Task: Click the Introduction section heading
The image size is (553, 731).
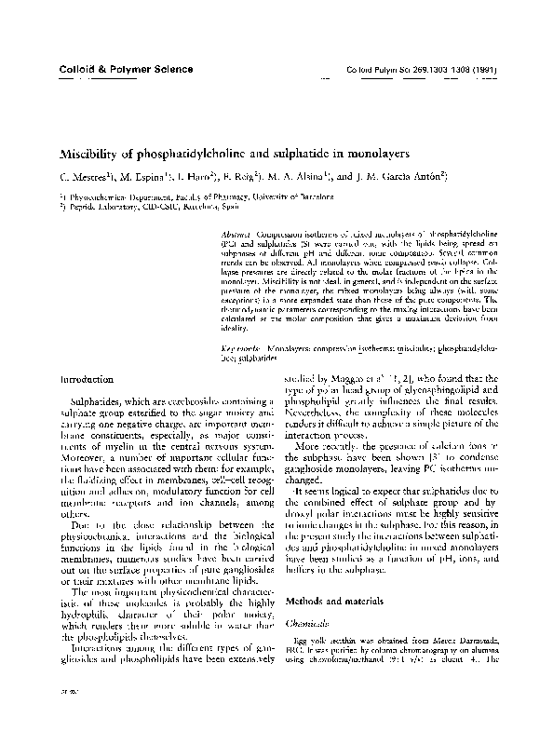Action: coord(88,380)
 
